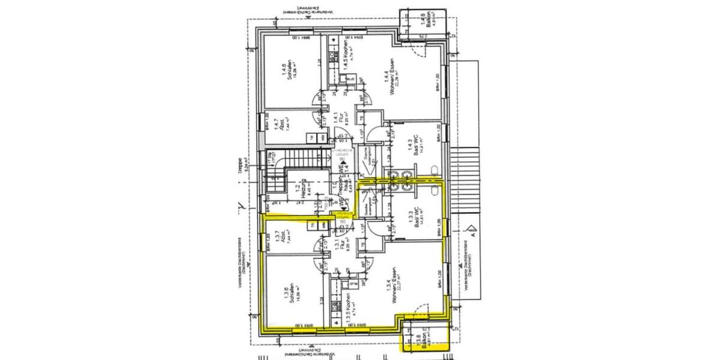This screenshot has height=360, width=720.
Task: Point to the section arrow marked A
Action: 472,232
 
